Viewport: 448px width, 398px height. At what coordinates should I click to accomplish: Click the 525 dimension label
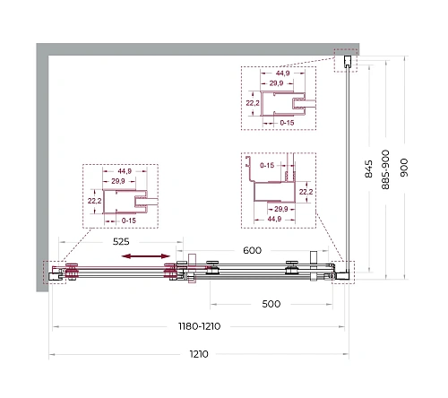tap(121, 241)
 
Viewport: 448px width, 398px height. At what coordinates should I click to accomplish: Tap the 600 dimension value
tap(252, 250)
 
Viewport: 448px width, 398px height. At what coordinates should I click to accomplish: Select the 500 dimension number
tap(271, 304)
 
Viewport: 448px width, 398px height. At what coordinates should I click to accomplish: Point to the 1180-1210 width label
tap(199, 326)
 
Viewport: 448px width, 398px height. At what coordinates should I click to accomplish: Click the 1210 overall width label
tap(199, 354)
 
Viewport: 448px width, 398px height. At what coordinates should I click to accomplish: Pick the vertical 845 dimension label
tap(369, 169)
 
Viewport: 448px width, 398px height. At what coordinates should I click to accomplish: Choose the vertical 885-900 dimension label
tap(385, 169)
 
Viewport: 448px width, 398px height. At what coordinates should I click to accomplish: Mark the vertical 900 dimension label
tap(404, 168)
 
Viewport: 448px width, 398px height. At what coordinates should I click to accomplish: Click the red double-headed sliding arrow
tap(146, 256)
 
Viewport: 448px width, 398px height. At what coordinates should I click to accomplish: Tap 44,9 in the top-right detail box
tap(282, 74)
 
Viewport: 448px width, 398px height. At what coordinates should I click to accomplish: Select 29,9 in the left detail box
tap(118, 181)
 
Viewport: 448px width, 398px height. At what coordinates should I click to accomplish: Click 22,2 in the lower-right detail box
tap(306, 192)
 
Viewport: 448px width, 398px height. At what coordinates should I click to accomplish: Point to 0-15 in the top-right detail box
tap(287, 123)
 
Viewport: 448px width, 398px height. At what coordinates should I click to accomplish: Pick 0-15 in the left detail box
tap(129, 221)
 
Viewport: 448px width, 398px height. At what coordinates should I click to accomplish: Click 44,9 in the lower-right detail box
tap(274, 219)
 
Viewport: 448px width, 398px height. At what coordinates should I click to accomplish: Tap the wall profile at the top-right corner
tap(348, 62)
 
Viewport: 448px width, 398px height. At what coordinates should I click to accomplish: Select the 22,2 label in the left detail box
tap(94, 201)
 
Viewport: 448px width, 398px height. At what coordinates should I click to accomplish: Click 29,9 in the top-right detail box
tap(276, 83)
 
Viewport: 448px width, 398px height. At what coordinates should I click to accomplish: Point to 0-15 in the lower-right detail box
tap(267, 165)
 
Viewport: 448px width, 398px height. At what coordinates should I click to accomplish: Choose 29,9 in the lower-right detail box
tap(281, 209)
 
